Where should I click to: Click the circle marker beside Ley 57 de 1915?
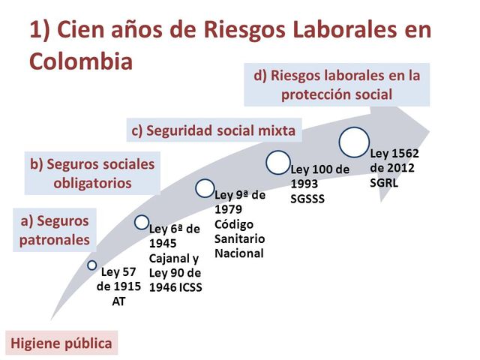click(x=92, y=265)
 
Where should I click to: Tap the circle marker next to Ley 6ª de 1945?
click(x=142, y=222)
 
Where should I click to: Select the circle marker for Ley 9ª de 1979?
click(x=205, y=188)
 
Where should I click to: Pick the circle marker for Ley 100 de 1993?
click(x=277, y=162)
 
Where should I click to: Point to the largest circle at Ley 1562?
click(x=354, y=142)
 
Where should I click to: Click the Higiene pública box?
click(x=61, y=343)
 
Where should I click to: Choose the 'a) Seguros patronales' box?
click(x=55, y=230)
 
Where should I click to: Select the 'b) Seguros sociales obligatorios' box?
click(x=91, y=173)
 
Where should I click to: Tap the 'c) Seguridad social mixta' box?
click(x=214, y=130)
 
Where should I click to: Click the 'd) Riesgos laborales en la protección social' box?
click(x=337, y=85)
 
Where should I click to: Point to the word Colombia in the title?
click(x=81, y=60)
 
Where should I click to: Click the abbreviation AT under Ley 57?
click(x=118, y=301)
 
